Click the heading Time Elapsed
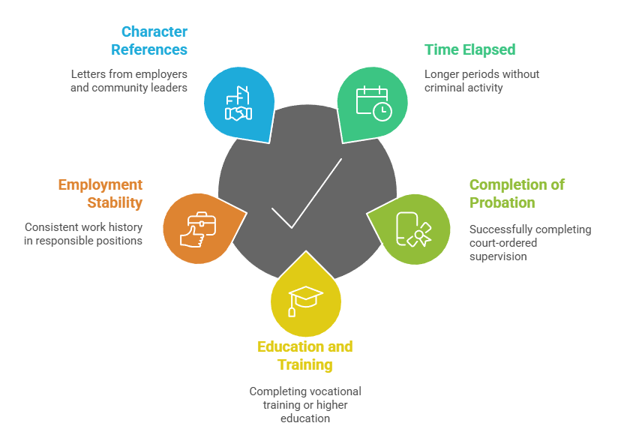(x=469, y=50)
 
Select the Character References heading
(x=150, y=40)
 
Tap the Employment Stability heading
(x=100, y=193)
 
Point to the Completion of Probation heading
(x=517, y=193)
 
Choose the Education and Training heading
(x=304, y=356)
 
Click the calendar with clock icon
(x=373, y=103)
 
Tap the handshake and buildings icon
(x=238, y=103)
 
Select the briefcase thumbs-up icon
(x=196, y=229)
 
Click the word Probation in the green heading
(x=502, y=202)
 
